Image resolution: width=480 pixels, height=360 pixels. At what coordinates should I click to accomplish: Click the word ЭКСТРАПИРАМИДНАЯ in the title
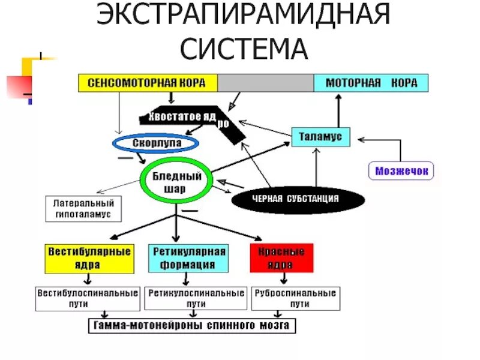[244, 17]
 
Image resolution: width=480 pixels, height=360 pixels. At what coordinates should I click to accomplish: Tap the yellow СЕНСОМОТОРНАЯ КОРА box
[148, 83]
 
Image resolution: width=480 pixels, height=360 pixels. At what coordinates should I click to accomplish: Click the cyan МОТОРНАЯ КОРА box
[371, 83]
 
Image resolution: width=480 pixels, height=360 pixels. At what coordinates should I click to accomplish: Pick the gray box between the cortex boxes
[265, 83]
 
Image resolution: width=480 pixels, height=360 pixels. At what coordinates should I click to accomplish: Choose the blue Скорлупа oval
[156, 143]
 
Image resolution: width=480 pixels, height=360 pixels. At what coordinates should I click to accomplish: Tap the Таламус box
[320, 137]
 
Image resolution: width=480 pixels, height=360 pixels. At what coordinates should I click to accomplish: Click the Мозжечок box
[401, 171]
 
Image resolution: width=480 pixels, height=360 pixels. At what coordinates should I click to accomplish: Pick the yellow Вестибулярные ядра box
[88, 258]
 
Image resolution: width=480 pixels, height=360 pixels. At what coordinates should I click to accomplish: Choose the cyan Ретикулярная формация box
[188, 258]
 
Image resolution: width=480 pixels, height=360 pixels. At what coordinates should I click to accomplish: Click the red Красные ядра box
[281, 258]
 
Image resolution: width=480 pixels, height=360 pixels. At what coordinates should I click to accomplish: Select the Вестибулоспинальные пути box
[87, 299]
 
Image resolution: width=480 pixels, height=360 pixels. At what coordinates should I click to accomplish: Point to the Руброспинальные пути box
[295, 299]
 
